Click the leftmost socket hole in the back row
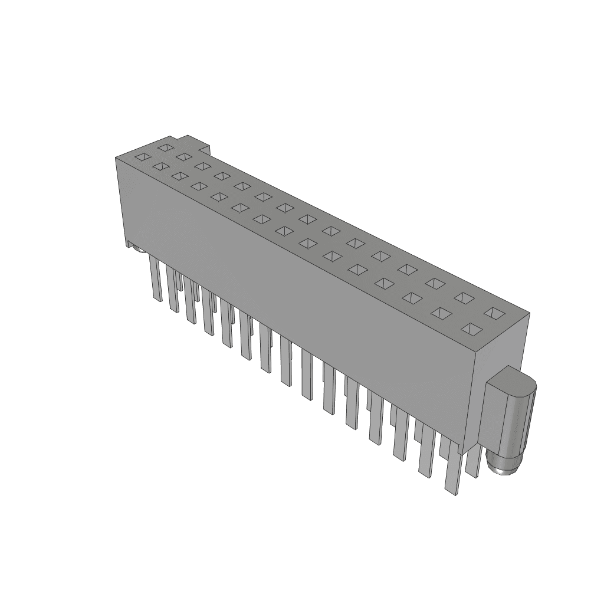tap(166, 147)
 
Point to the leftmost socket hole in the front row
tap(142, 157)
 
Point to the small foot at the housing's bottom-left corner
tap(129, 244)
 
